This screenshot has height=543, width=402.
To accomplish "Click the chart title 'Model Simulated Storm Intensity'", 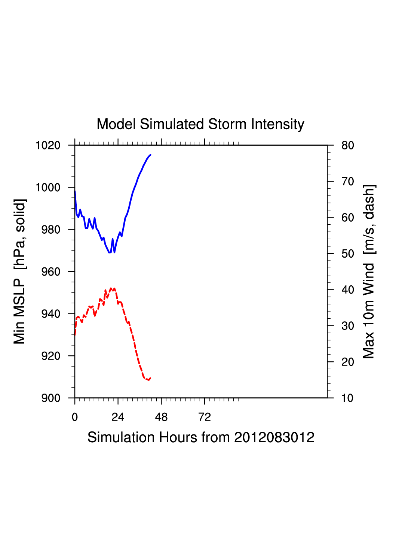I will [x=200, y=124].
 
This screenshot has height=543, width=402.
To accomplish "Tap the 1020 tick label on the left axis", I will [x=48, y=145].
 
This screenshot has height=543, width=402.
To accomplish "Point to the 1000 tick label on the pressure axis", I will [x=48, y=187].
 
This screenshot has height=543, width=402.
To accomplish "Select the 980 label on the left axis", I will [x=51, y=230].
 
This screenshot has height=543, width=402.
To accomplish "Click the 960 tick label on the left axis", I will [x=51, y=272].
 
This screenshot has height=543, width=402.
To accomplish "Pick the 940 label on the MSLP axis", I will [x=51, y=314].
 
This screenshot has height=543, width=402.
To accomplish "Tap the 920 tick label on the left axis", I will [x=51, y=356].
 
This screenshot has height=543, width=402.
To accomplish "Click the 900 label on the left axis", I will [x=51, y=398].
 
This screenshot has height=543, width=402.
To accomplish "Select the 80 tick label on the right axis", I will [x=347, y=145].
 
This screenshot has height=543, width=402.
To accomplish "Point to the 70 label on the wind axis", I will [x=347, y=182].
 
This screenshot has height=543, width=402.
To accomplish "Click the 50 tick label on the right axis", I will [x=347, y=254].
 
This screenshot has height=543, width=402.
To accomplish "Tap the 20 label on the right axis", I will [x=347, y=362].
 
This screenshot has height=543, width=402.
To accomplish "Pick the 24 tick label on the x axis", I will [x=118, y=417].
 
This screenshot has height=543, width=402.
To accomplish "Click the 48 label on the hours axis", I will [x=161, y=417].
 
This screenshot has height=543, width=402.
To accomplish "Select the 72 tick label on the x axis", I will [x=205, y=417].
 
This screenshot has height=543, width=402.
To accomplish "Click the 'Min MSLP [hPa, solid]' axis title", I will [x=19, y=271].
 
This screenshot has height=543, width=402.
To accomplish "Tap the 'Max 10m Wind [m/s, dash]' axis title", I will [x=369, y=271].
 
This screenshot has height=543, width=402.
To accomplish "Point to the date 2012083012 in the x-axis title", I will [x=274, y=437].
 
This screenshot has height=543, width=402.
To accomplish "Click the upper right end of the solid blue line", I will [x=150, y=155].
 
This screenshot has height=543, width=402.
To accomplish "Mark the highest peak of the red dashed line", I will [x=111, y=288].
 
